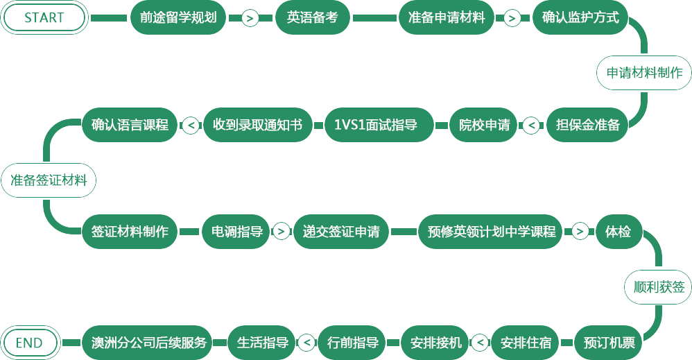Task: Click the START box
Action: pos(44,18)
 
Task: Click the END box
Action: pos(29,343)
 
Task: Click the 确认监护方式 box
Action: pos(576,18)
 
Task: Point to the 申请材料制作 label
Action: pos(644,73)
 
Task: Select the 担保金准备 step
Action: pos(588,126)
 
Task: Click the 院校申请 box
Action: pos(485,126)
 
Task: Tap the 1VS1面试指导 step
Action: pos(380,126)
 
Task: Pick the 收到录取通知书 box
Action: pos(257,126)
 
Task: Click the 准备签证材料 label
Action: pos(49,180)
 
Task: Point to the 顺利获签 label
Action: pos(657,287)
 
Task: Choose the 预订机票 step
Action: pos(609,343)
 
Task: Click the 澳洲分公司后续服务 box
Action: pos(149,343)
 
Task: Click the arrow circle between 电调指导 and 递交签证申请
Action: pos(282,232)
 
